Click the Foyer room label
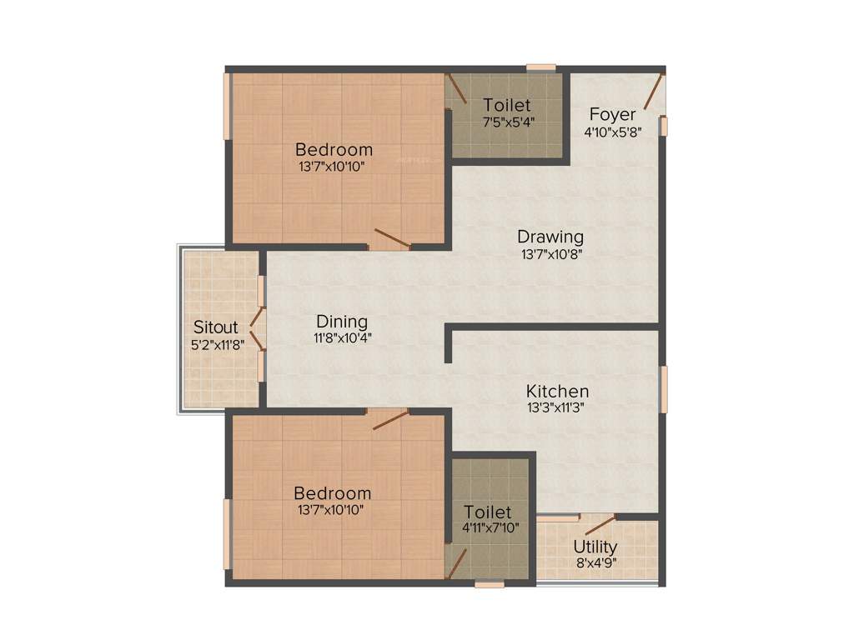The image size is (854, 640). click(613, 114)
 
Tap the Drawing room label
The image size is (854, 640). click(550, 237)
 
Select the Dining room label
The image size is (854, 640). click(342, 322)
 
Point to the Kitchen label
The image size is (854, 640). click(557, 391)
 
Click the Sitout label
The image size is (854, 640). click(216, 327)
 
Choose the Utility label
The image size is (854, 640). click(595, 547)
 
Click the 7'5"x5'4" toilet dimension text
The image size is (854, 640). click(509, 122)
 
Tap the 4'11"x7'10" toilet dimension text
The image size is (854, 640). click(491, 527)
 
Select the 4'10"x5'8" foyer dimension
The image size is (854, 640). click(613, 132)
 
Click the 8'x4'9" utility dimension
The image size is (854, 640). click(595, 563)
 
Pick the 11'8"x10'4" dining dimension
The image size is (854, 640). click(343, 338)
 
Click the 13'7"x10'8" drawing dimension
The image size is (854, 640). click(550, 253)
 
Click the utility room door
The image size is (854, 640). click(600, 524)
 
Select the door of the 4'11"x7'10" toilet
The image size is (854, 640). click(455, 564)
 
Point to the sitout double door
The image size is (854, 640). click(259, 328)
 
